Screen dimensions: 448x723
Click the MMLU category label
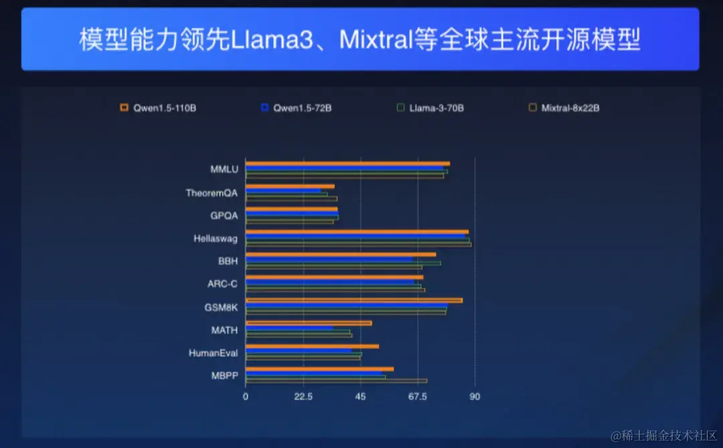click(x=224, y=169)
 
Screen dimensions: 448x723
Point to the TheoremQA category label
click(x=212, y=193)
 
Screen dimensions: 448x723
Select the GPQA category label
click(x=224, y=216)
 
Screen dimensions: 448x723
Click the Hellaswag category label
click(x=216, y=238)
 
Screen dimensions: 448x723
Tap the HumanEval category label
click(x=213, y=353)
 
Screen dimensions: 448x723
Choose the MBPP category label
click(x=224, y=376)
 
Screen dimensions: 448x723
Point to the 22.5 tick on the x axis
click(x=303, y=396)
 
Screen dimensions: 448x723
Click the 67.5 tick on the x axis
click(x=418, y=396)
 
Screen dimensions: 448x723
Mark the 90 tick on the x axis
click(x=475, y=396)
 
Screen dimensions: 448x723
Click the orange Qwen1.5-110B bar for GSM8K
click(x=353, y=300)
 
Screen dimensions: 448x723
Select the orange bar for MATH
click(x=309, y=323)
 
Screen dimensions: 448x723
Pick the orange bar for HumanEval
click(x=312, y=346)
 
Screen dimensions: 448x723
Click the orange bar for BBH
click(x=341, y=254)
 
